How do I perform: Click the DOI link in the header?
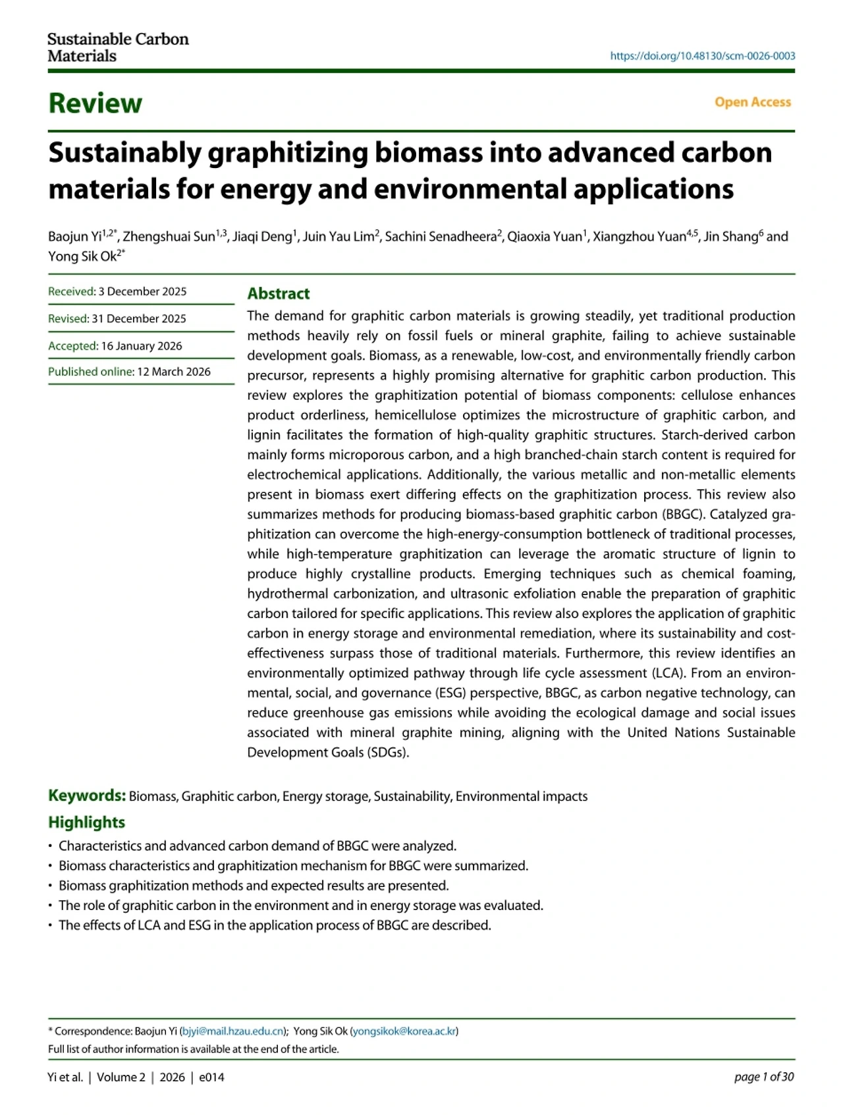pos(702,56)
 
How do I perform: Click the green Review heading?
pos(95,103)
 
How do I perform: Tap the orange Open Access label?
pos(752,102)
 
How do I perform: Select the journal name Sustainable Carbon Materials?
pos(118,47)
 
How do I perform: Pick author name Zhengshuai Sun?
pos(169,237)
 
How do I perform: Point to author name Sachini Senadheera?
pos(440,237)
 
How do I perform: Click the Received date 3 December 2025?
pos(142,291)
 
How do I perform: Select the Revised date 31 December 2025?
pos(139,319)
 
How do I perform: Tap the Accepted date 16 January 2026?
pos(142,346)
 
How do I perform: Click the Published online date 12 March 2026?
pos(174,372)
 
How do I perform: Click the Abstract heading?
pos(279,294)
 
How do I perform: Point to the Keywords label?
pos(87,795)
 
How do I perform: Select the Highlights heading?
pos(86,822)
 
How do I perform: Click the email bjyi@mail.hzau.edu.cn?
pos(232,1031)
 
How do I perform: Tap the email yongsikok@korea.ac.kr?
pos(404,1031)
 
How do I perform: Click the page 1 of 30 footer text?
pos(764,1077)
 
